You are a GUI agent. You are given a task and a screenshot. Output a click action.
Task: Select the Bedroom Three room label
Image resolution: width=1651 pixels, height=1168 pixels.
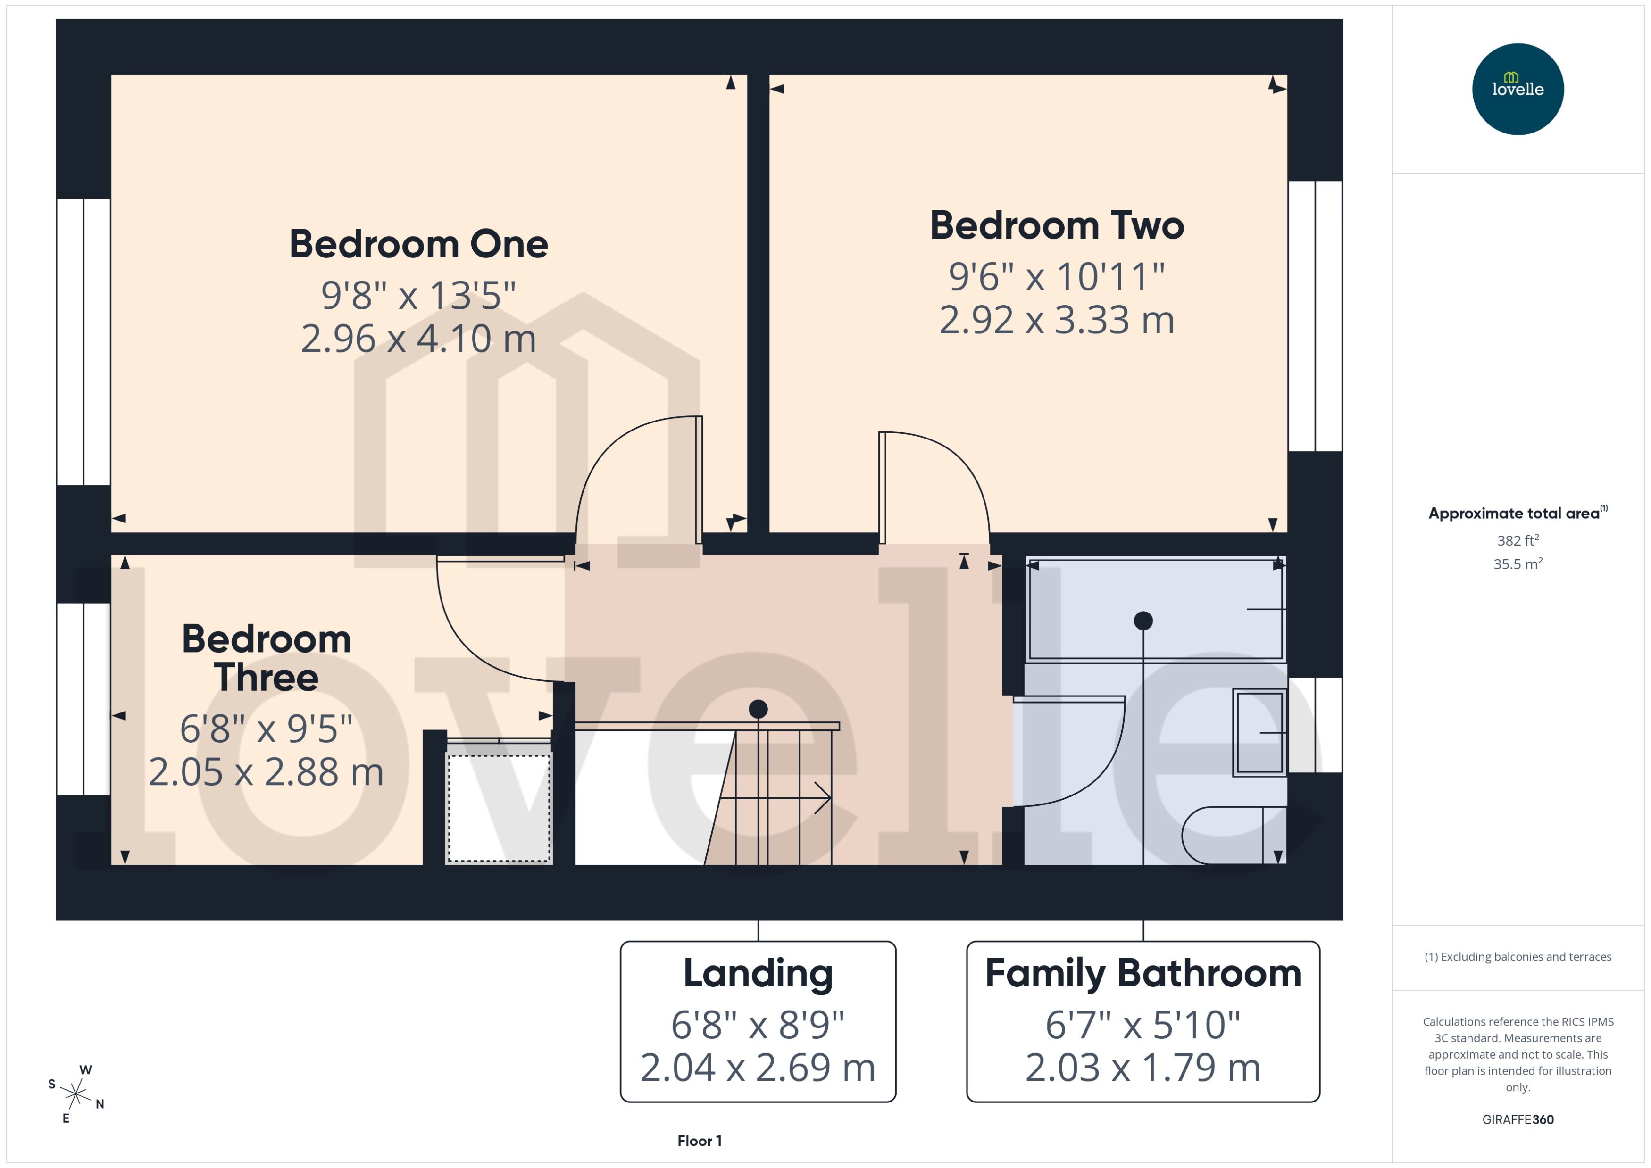click(266, 658)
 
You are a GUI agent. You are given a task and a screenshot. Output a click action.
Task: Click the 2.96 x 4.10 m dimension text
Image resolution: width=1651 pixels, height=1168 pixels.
click(419, 338)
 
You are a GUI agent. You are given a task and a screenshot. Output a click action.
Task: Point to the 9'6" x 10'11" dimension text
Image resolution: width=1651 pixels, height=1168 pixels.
click(1056, 276)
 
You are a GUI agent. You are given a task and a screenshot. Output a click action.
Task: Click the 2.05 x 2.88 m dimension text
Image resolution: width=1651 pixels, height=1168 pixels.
click(266, 772)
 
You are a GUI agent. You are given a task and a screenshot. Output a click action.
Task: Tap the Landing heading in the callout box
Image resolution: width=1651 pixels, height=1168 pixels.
click(758, 973)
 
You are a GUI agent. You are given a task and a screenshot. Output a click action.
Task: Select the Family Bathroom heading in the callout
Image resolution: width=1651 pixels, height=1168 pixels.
click(1142, 973)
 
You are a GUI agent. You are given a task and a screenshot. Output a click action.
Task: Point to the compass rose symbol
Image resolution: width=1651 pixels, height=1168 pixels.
click(75, 1094)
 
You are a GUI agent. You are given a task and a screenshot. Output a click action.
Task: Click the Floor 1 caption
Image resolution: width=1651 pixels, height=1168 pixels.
click(699, 1141)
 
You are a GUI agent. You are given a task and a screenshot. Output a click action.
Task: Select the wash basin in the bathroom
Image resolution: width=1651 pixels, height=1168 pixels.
click(1259, 732)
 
